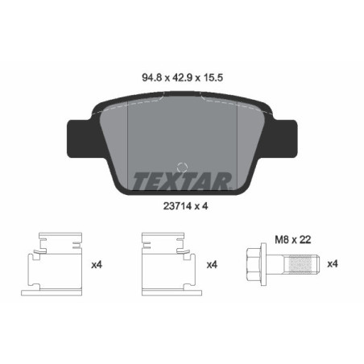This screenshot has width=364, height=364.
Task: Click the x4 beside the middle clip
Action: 213,264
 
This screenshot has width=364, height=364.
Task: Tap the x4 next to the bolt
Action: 333,264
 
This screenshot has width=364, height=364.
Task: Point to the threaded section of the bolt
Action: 302,263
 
